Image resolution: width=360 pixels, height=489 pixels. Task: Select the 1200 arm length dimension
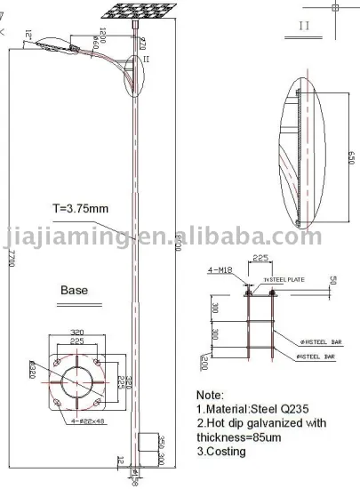coord(103,38)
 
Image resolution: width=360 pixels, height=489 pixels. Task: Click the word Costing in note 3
coord(227,452)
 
